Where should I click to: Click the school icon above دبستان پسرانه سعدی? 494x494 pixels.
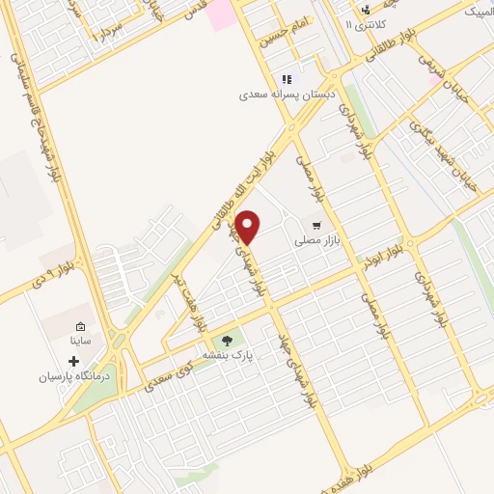pos(286,80)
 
